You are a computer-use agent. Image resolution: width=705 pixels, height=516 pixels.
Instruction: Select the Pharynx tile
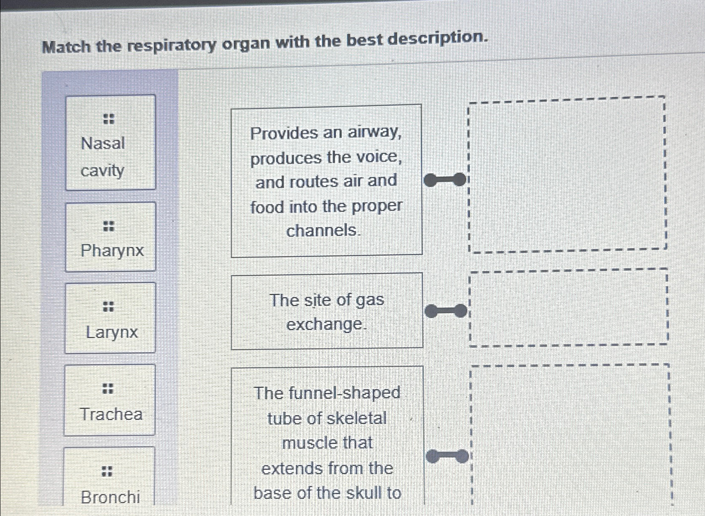coord(110,237)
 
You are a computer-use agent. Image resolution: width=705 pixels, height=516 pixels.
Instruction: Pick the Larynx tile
coord(110,318)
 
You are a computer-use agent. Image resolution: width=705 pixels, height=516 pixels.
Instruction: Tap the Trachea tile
coord(110,400)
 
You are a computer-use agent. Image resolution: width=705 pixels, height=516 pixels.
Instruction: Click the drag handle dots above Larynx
coord(108,306)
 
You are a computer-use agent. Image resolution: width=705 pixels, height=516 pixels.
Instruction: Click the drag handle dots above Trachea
coord(108,388)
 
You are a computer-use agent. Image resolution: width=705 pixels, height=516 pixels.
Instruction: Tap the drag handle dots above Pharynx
coord(109,226)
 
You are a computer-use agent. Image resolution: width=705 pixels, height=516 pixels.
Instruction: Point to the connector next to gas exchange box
coord(446,311)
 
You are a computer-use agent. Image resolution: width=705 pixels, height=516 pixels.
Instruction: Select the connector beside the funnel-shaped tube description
coord(447,456)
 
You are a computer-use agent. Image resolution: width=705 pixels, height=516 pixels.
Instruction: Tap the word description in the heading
coord(438,39)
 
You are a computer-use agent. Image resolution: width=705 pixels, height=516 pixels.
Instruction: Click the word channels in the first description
coord(322,231)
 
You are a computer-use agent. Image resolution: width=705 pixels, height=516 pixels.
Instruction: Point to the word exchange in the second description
coord(325,324)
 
